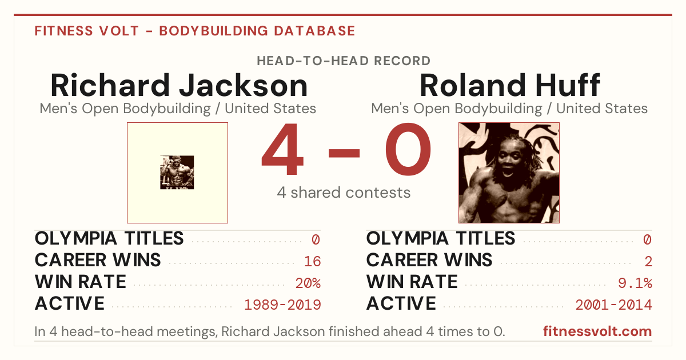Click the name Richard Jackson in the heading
tap(179, 85)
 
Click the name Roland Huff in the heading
tap(509, 85)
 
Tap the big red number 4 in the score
tap(282, 149)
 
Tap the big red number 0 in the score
tap(408, 149)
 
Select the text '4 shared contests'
tap(344, 193)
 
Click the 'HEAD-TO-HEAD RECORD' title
tap(344, 61)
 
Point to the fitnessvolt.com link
tap(597, 331)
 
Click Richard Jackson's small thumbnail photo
tap(177, 173)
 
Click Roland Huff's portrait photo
tap(509, 173)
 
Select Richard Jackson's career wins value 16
tap(313, 262)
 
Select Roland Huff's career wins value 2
tap(648, 262)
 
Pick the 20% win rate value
tap(308, 283)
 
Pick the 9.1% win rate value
tap(635, 283)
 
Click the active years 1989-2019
tap(282, 305)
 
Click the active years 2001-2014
tap(614, 305)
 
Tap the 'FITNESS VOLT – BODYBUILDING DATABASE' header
tap(195, 31)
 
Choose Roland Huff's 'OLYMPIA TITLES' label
tap(441, 238)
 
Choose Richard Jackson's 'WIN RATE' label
tap(80, 282)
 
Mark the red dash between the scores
tap(344, 153)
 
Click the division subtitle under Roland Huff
tap(509, 109)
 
